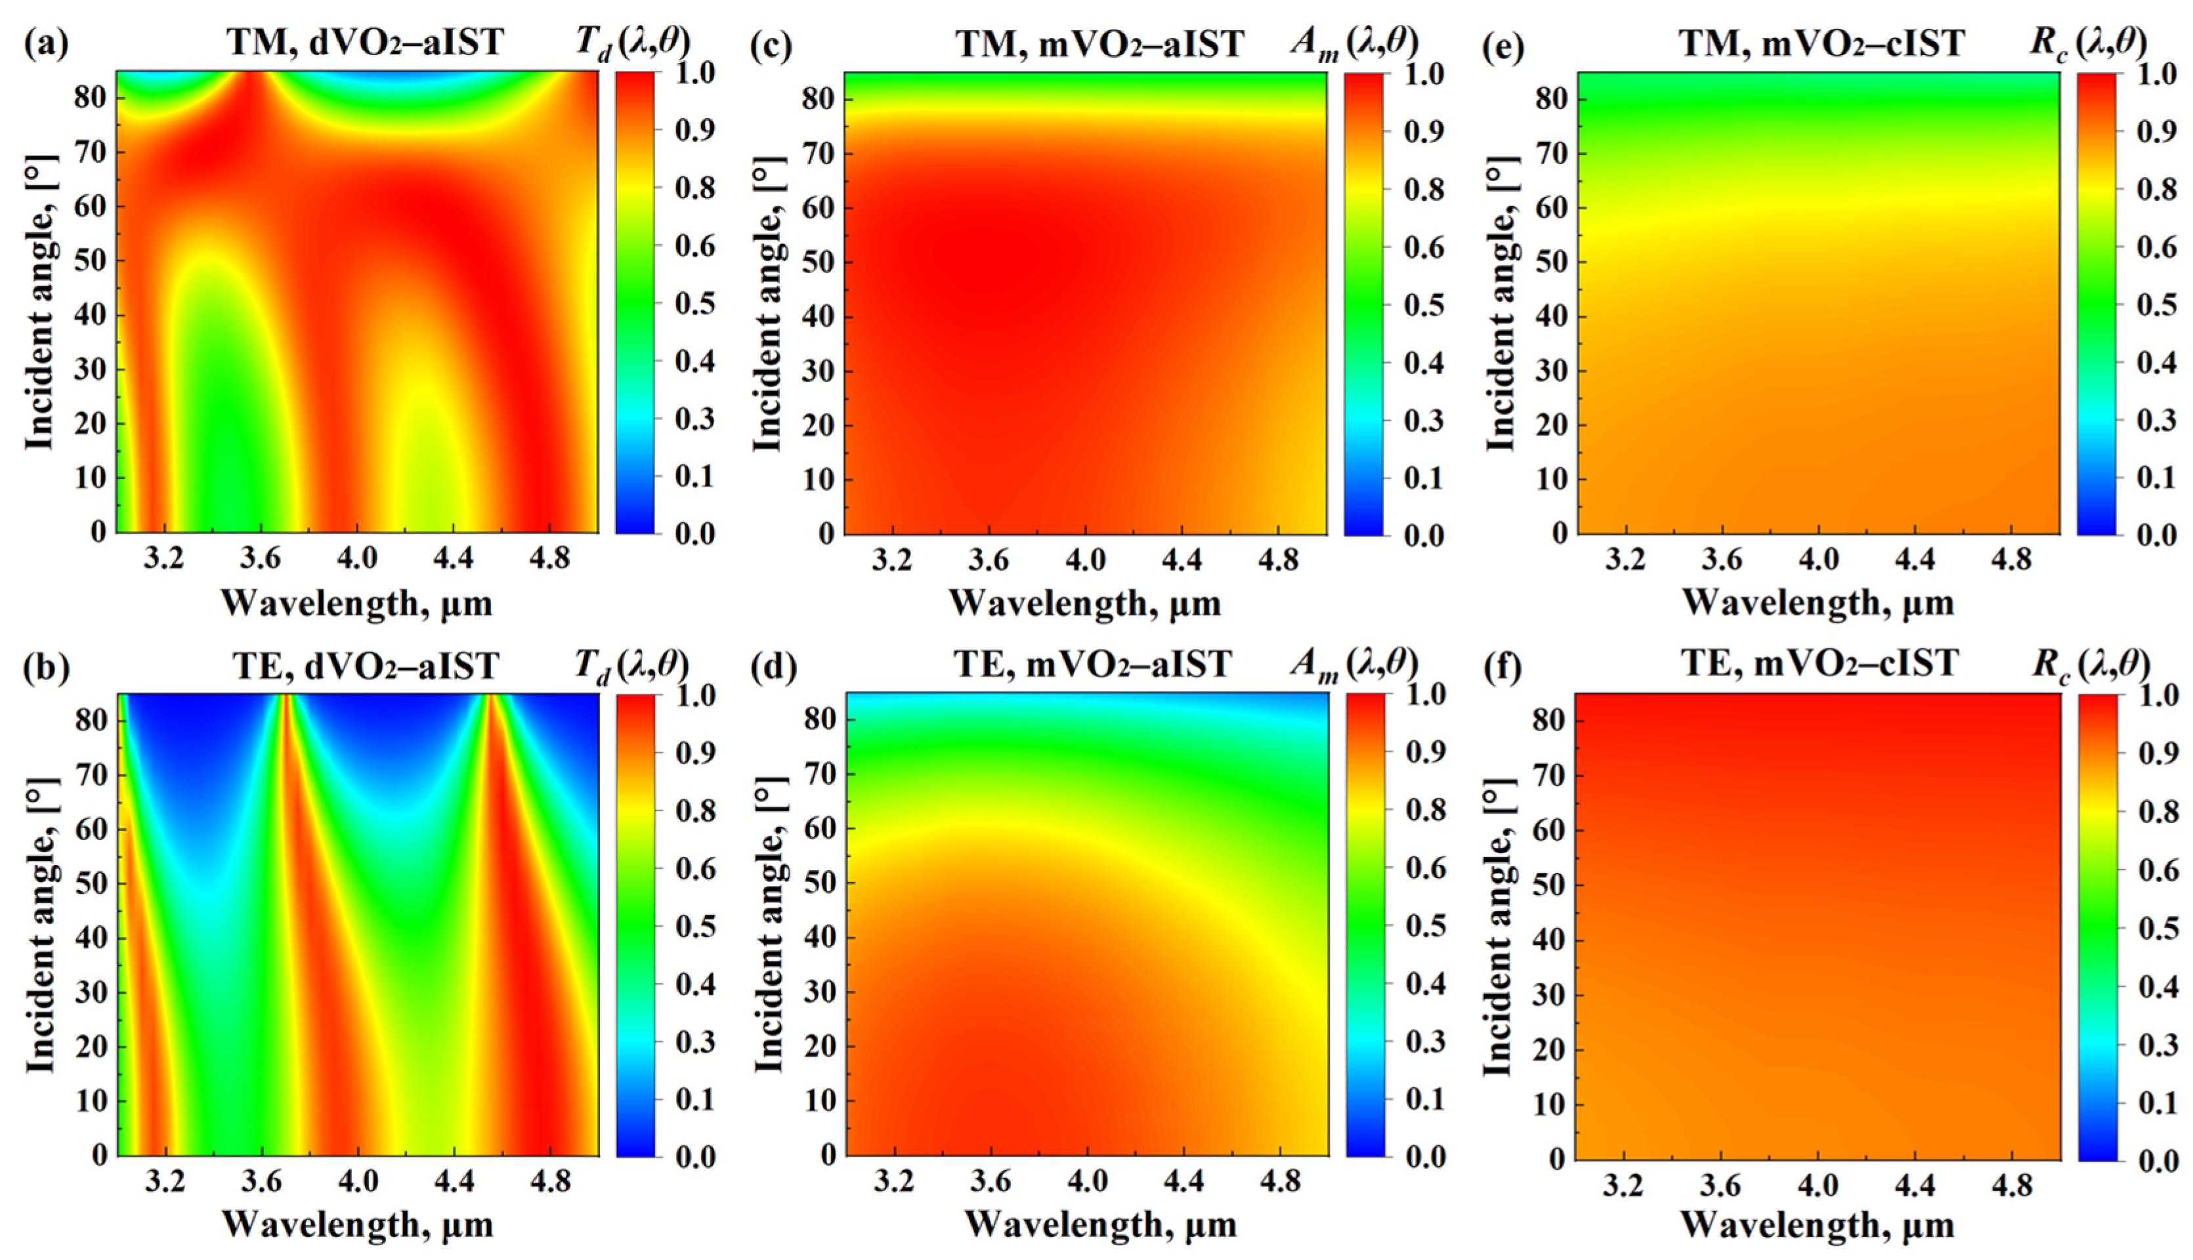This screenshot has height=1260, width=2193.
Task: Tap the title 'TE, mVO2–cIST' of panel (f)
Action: [x=1820, y=663]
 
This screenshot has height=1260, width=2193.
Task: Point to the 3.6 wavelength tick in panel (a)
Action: [x=261, y=559]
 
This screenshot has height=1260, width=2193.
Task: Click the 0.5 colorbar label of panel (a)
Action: [x=695, y=304]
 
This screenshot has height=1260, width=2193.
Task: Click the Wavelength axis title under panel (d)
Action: [x=1100, y=1225]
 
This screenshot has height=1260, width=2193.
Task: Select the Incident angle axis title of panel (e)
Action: [x=1502, y=303]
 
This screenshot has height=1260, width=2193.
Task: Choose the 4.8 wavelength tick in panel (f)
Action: [x=2009, y=1184]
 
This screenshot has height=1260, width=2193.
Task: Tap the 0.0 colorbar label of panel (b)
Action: [x=695, y=1157]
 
